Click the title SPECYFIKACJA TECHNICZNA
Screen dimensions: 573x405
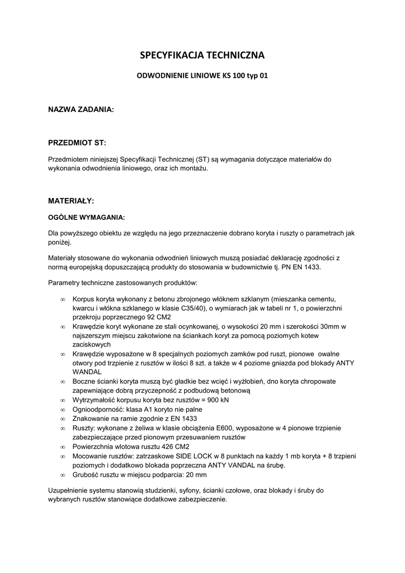point(202,55)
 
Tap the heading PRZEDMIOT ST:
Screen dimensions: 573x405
point(77,143)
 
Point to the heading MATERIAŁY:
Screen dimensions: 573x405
point(71,200)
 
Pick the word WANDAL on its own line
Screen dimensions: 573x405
point(87,372)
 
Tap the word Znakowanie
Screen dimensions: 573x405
point(91,419)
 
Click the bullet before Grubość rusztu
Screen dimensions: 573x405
point(63,475)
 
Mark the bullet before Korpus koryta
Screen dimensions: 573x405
point(63,299)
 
